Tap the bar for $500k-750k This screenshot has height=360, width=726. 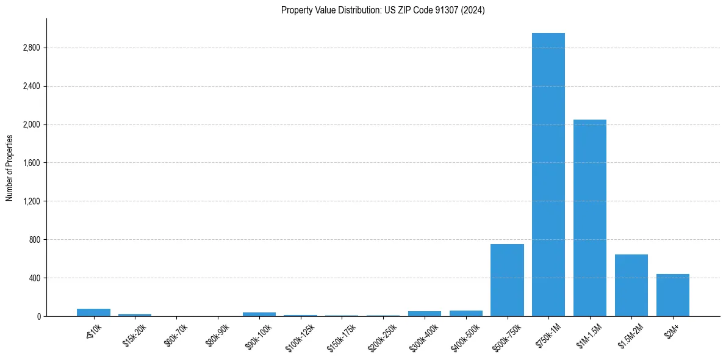507,280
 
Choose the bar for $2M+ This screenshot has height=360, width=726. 673,295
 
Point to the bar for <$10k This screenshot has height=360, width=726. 93,312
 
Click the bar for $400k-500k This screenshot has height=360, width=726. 466,313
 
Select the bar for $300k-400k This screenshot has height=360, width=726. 425,314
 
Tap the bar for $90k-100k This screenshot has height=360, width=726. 259,314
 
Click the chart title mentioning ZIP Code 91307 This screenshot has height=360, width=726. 383,10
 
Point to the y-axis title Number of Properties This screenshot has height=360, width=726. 10,168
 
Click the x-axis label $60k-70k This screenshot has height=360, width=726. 176,335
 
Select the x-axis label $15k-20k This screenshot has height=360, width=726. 135,335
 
